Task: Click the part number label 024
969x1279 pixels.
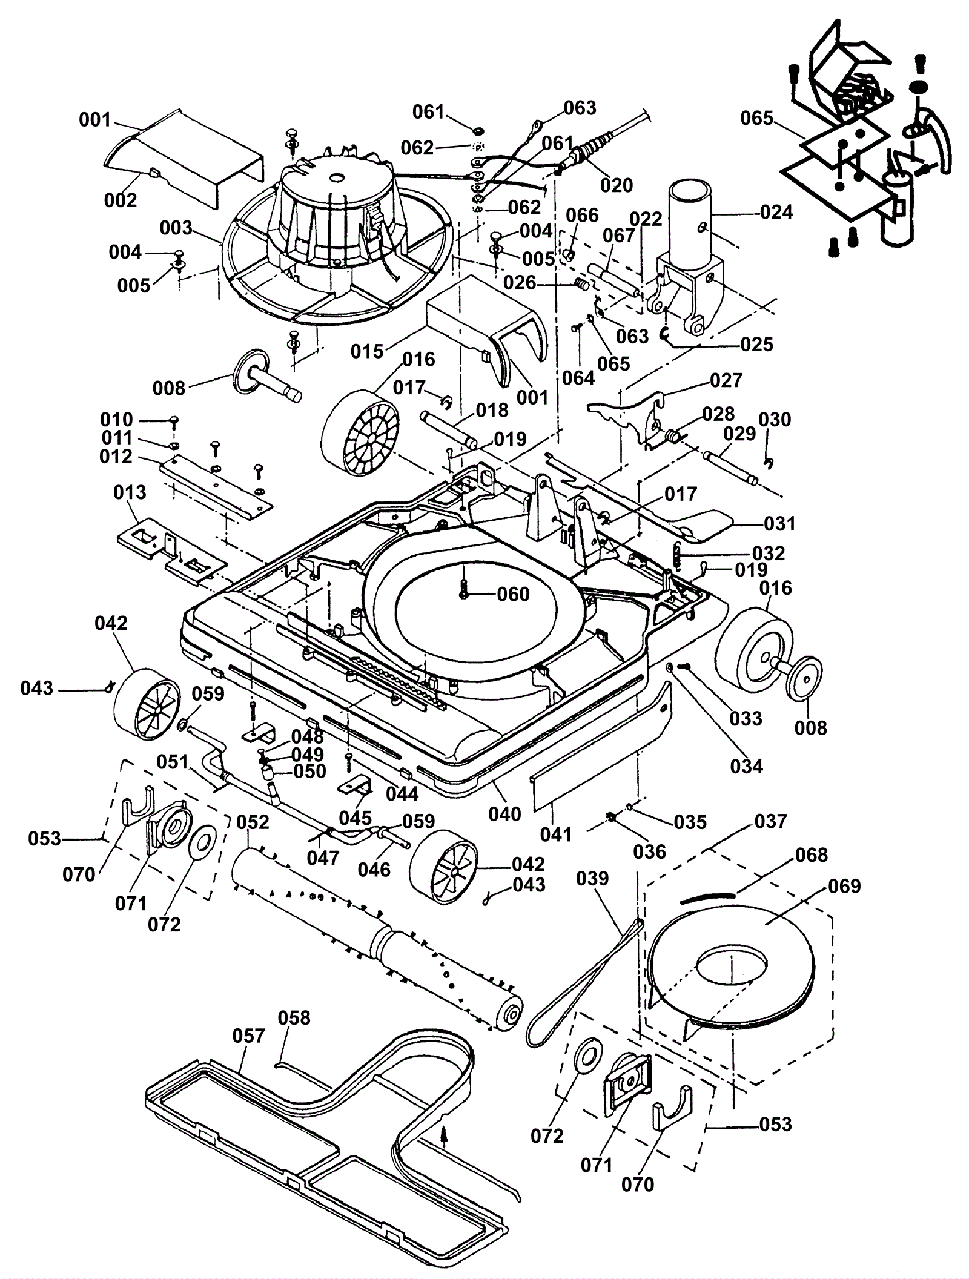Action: (776, 213)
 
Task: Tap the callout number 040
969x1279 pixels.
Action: (504, 814)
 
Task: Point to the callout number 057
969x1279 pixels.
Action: (248, 1036)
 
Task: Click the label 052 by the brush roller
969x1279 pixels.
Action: (253, 822)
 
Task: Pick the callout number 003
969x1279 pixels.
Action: (176, 228)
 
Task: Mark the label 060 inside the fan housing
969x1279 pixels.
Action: (513, 594)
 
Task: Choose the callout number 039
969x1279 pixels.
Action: (592, 878)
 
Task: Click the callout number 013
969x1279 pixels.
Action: (130, 492)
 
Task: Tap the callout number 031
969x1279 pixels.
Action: (779, 523)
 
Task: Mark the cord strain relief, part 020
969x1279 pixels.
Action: (581, 152)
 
